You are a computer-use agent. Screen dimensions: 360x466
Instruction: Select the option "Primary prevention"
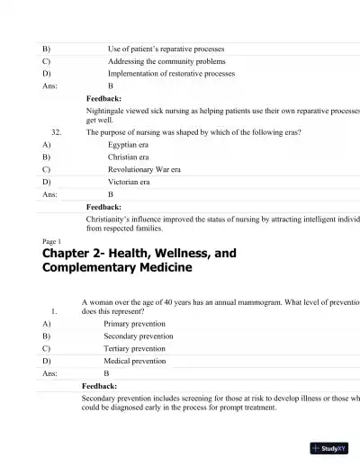coord(135,323)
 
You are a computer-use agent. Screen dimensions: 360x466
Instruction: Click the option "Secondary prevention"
coord(139,336)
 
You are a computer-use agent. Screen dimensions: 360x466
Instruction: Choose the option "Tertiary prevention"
coord(135,348)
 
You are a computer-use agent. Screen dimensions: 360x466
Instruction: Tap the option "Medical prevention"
coord(135,361)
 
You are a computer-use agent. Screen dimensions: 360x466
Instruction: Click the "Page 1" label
coord(52,242)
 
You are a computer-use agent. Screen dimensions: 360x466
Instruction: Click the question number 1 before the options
coord(55,311)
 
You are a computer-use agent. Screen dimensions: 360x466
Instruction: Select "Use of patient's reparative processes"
coord(166,49)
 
